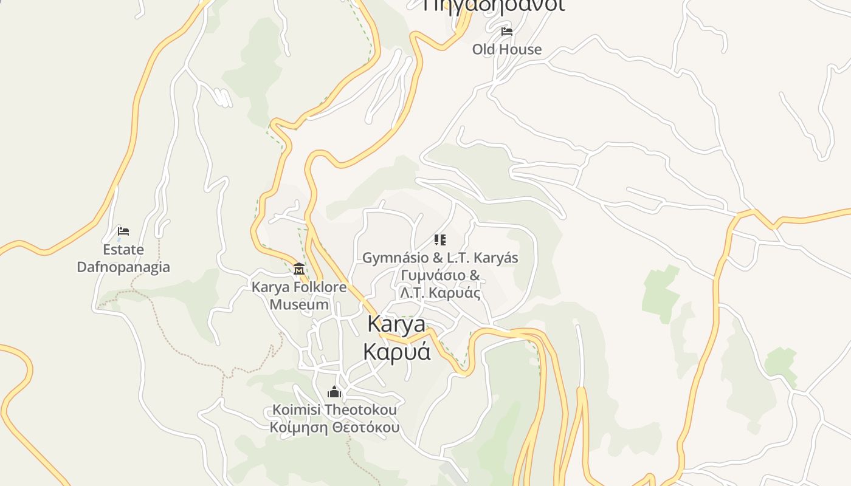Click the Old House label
506,49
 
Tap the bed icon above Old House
506,32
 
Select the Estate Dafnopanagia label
123,258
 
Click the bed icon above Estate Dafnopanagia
123,231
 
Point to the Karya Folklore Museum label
299,295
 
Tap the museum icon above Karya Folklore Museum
299,269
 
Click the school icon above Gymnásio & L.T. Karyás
440,240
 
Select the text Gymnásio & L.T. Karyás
440,258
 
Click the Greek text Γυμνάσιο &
440,275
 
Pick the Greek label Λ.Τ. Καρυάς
440,293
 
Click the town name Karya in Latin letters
396,324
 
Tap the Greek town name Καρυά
396,351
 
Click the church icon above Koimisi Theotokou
334,392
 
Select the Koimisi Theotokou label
334,410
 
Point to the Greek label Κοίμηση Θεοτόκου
334,427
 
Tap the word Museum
299,304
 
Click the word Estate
123,250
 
